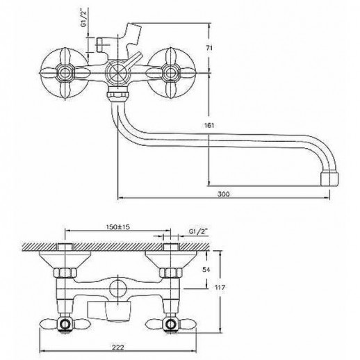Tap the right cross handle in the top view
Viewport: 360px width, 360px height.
pyautogui.click(x=170, y=72)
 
